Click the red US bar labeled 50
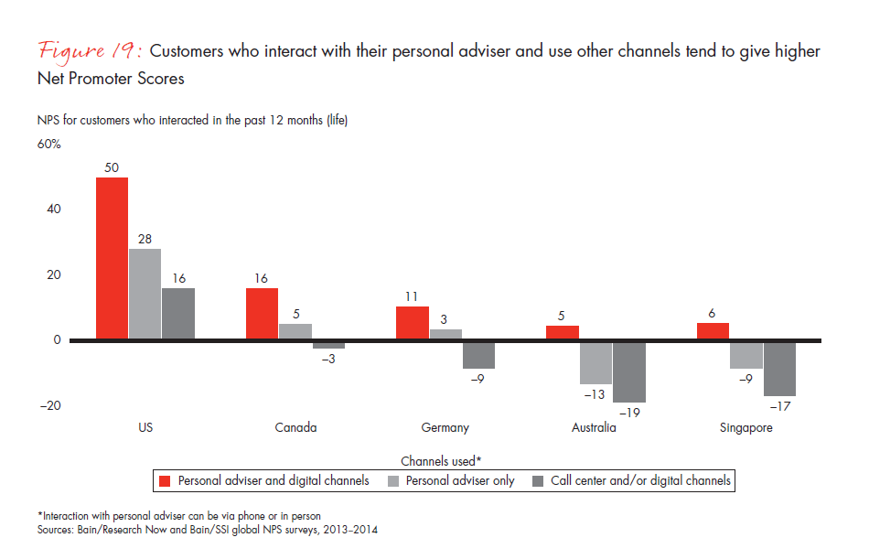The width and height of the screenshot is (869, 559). [x=112, y=259]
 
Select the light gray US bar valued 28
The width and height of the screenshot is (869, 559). [x=145, y=295]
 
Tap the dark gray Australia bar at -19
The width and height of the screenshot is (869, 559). [x=628, y=371]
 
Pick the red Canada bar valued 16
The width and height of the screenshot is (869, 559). [x=262, y=315]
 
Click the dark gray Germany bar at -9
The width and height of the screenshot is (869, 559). [x=478, y=355]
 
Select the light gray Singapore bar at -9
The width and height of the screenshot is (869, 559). [x=746, y=355]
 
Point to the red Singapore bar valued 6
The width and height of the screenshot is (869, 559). [x=713, y=332]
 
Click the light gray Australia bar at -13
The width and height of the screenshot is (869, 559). [x=595, y=362]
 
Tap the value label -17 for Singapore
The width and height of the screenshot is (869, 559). [x=779, y=406]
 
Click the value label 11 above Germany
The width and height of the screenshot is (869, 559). [x=412, y=296]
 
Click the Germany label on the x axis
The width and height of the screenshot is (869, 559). [x=445, y=427]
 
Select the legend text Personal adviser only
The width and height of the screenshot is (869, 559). [x=460, y=480]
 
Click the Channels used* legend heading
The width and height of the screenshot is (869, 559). [x=441, y=461]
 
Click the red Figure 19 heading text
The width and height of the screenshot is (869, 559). [x=91, y=52]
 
